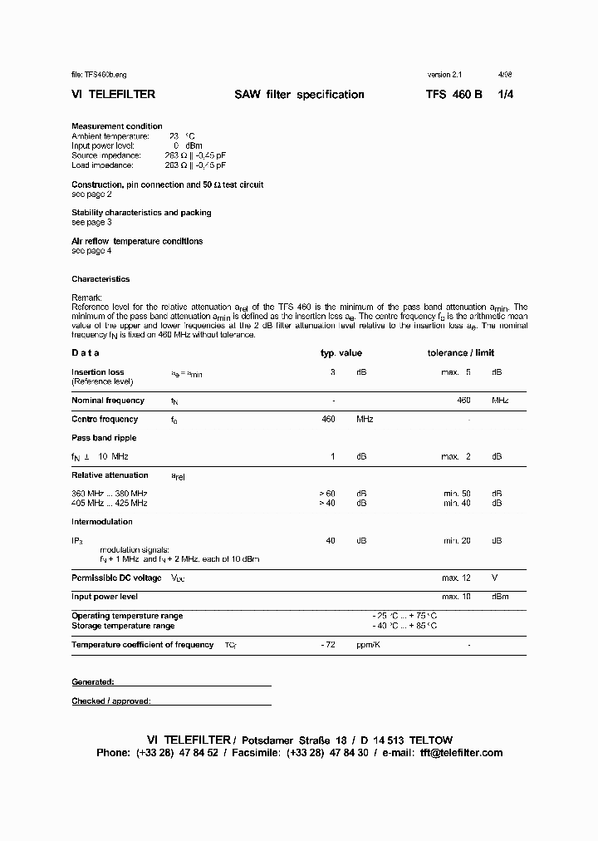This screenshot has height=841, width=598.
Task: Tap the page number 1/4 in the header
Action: [505, 95]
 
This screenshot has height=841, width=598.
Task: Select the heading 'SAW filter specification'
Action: [299, 95]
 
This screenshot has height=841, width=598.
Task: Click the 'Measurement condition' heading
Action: [117, 126]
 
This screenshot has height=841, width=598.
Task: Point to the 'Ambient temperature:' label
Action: [110, 136]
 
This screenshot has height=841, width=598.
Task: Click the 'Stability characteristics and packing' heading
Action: [141, 213]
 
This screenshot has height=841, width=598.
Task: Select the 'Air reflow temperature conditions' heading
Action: [137, 241]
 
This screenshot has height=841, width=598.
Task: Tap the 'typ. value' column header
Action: [341, 353]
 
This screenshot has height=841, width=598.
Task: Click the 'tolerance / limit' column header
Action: [460, 353]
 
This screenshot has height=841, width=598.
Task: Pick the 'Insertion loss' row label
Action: [98, 372]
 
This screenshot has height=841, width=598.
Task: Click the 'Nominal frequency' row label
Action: [108, 401]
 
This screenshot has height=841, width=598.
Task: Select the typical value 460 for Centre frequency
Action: [328, 420]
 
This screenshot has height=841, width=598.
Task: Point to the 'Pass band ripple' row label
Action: [104, 438]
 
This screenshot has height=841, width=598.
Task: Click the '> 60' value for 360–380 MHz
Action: [327, 494]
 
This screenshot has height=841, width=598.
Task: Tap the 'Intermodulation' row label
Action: [102, 522]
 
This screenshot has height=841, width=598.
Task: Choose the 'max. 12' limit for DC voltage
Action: [456, 578]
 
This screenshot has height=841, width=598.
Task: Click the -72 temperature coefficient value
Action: [327, 645]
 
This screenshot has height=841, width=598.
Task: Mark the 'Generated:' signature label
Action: [92, 682]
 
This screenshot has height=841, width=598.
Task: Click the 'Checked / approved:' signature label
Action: [111, 701]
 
